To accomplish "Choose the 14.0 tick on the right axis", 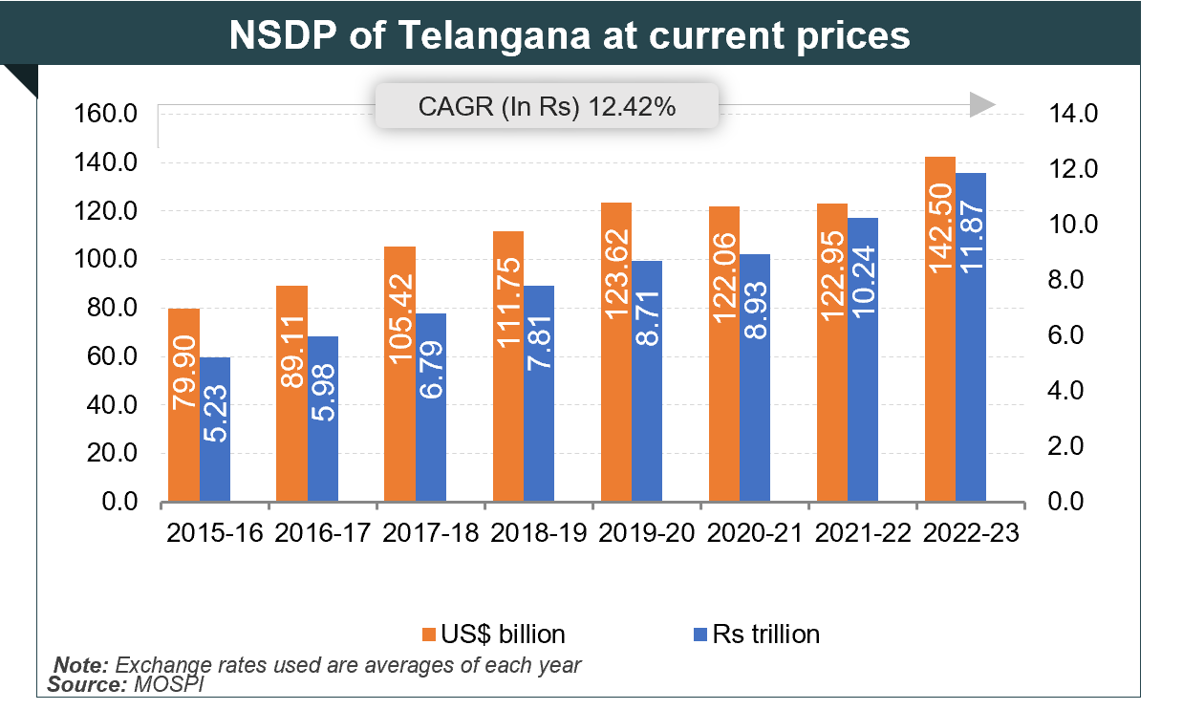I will tap(1077, 115).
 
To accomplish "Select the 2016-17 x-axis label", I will tap(322, 534).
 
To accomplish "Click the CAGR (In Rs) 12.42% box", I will tap(547, 106).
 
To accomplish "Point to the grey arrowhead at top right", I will tap(982, 105).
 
